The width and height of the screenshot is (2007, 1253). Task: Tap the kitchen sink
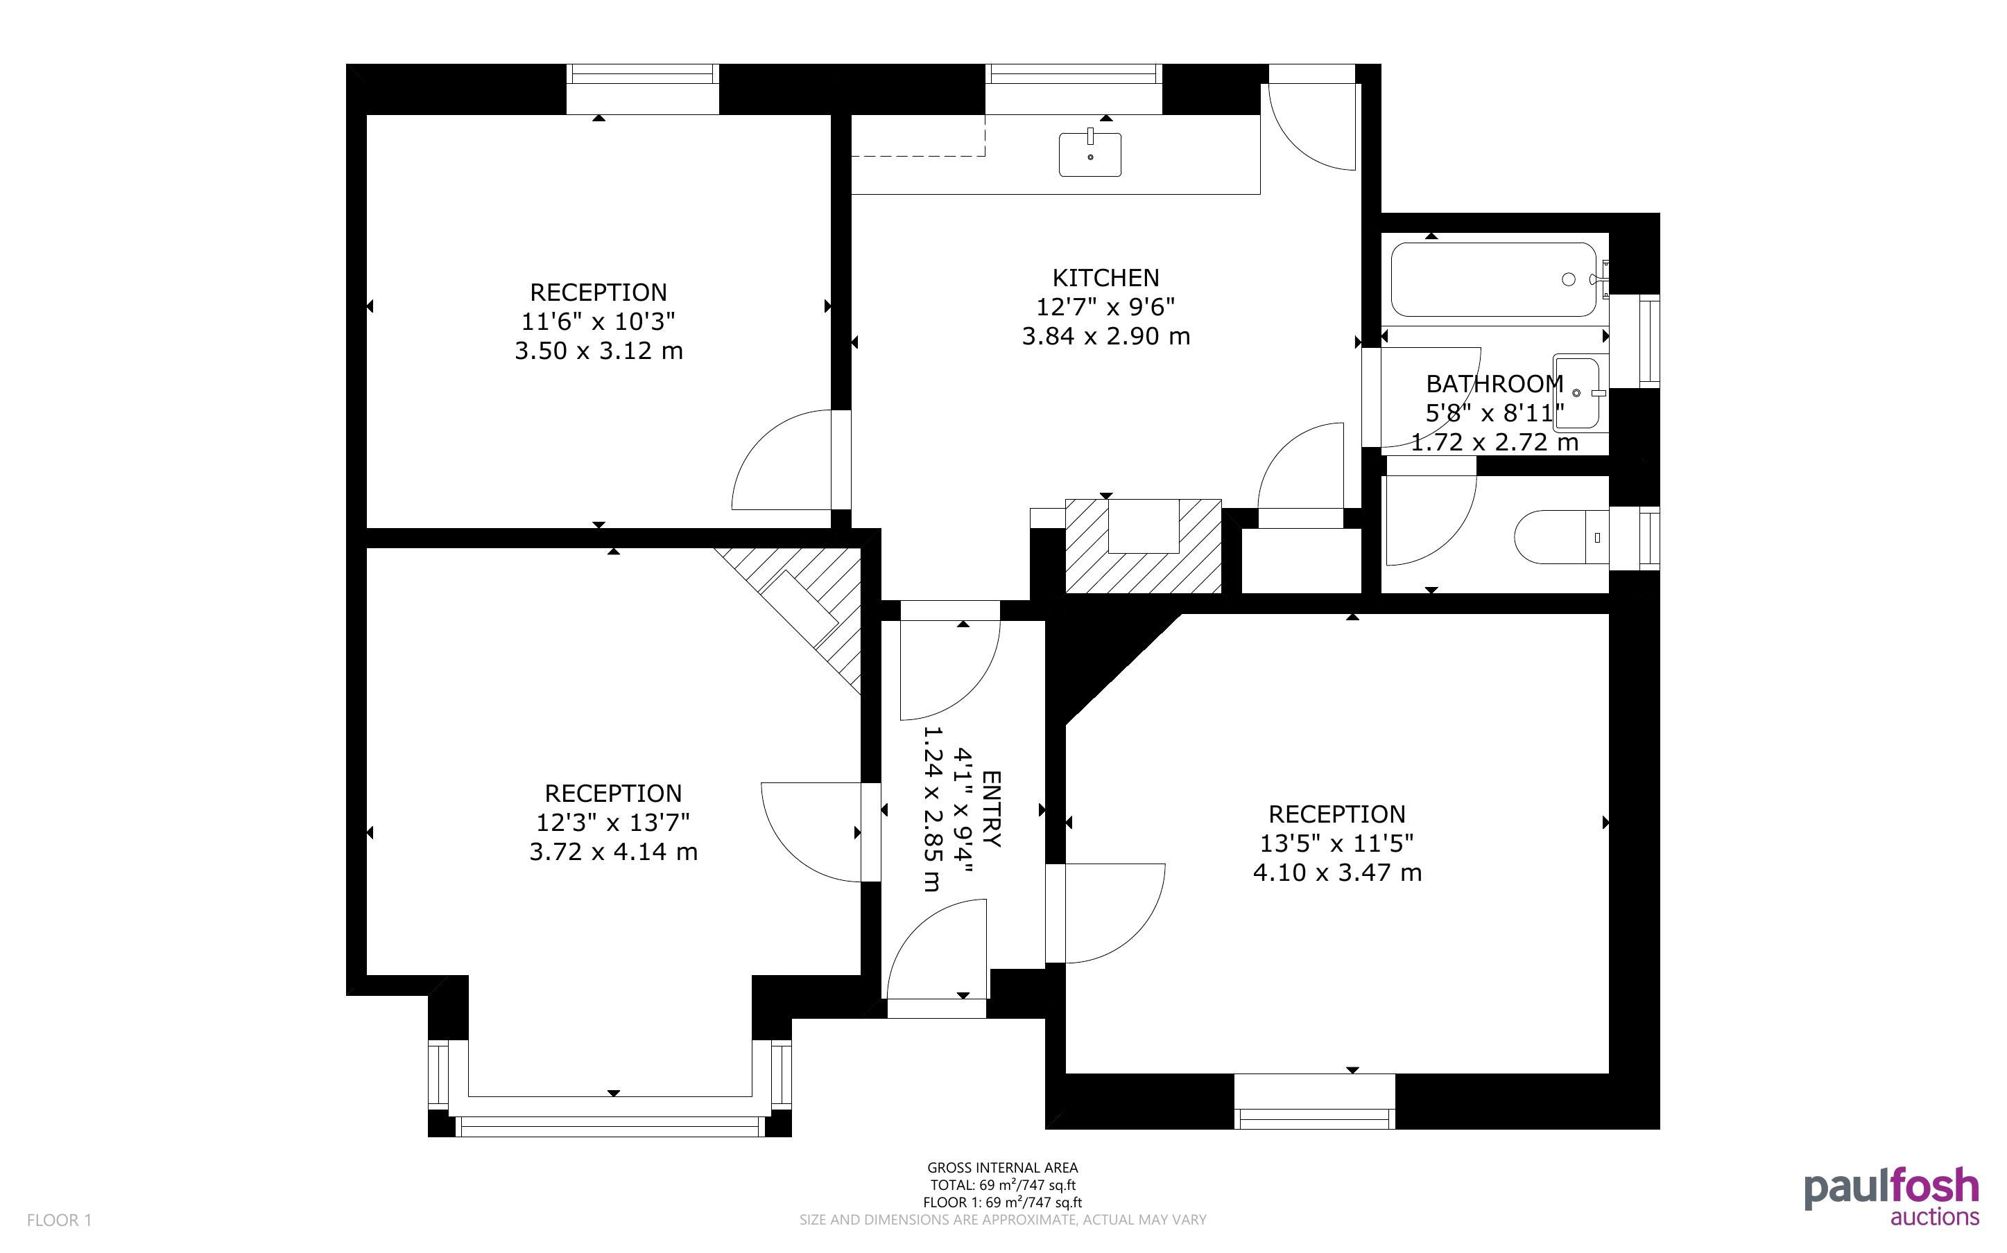pyautogui.click(x=1090, y=155)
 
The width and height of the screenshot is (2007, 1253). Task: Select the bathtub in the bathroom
pyautogui.click(x=1493, y=279)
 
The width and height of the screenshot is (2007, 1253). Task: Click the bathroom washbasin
pyautogui.click(x=1580, y=393)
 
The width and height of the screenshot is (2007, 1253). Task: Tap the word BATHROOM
pyautogui.click(x=1494, y=384)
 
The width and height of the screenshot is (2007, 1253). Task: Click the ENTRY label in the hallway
pyautogui.click(x=992, y=809)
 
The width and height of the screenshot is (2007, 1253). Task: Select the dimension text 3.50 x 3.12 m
pyautogui.click(x=598, y=351)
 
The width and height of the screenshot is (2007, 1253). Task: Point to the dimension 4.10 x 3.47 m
pyautogui.click(x=1337, y=872)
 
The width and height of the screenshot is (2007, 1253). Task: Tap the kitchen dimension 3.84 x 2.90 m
pyautogui.click(x=1106, y=335)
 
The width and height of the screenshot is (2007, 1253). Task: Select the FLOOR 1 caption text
pyautogui.click(x=59, y=1220)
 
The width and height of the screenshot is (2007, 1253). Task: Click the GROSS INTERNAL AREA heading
pyautogui.click(x=1002, y=1168)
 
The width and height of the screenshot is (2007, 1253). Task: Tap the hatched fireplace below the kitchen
pyautogui.click(x=1143, y=546)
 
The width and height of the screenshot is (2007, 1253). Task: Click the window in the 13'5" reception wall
pyautogui.click(x=1315, y=1102)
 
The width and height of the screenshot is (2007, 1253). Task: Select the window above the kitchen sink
pyautogui.click(x=1074, y=89)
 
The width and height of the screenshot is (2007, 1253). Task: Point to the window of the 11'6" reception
pyautogui.click(x=642, y=89)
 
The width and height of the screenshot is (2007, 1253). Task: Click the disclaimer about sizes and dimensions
pyautogui.click(x=1002, y=1220)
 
